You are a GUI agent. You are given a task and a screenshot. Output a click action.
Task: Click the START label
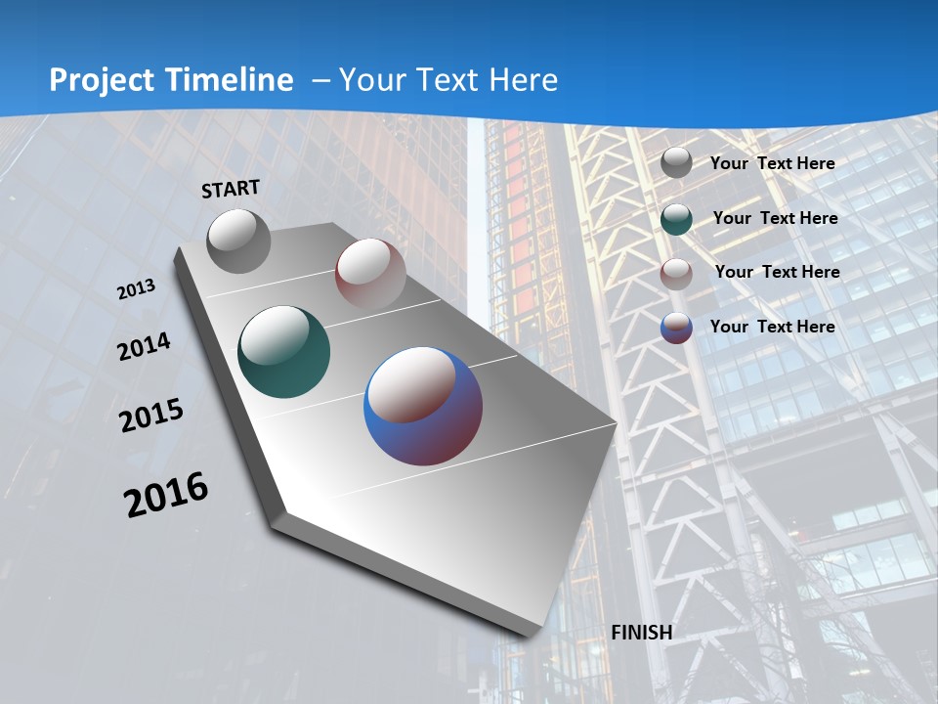231,188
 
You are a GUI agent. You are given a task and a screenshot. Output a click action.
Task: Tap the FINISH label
642,633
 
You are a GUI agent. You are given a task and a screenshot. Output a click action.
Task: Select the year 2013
136,288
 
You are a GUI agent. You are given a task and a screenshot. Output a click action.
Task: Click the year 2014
144,347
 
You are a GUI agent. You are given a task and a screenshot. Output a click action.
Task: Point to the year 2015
150,416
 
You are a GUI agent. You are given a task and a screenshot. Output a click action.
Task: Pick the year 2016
166,495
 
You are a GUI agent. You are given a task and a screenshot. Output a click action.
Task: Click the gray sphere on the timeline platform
239,241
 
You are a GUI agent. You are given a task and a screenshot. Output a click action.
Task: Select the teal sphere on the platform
283,353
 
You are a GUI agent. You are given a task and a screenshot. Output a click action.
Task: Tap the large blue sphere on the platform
423,406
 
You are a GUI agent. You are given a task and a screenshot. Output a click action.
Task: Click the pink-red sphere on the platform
370,273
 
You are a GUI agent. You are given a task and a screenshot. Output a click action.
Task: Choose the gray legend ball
676,162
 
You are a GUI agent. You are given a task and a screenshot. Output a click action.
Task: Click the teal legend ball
676,219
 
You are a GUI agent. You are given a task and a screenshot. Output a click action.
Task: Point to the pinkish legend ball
676,274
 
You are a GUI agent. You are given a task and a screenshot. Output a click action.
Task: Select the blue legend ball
676,328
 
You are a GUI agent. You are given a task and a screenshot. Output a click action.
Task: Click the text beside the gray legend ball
772,163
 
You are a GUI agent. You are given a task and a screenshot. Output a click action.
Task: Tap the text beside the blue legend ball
772,327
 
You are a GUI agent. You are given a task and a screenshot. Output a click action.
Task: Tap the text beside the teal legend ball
775,218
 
